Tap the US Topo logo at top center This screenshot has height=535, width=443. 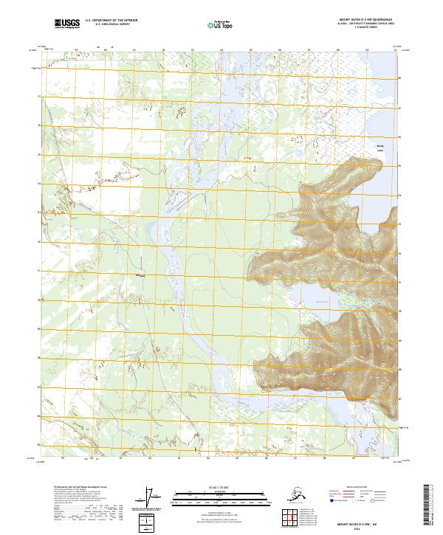pyautogui.click(x=221, y=25)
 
